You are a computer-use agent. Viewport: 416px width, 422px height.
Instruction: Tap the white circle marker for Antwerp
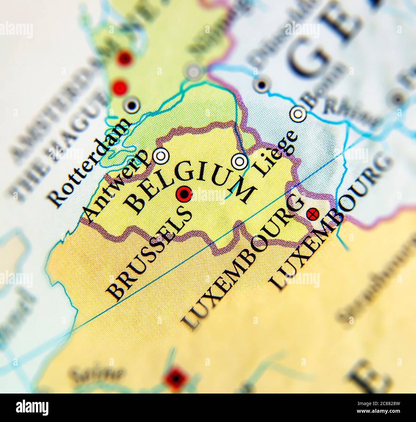161,156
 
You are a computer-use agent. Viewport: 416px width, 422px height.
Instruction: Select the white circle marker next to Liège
240,161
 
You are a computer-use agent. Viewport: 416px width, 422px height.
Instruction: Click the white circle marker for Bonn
298,113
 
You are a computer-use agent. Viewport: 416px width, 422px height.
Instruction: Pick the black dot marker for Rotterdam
132,105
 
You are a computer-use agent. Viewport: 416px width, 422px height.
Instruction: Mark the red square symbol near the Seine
175,379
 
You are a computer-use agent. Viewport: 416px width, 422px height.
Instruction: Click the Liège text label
277,153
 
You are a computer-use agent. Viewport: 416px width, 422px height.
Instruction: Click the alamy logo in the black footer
32,408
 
